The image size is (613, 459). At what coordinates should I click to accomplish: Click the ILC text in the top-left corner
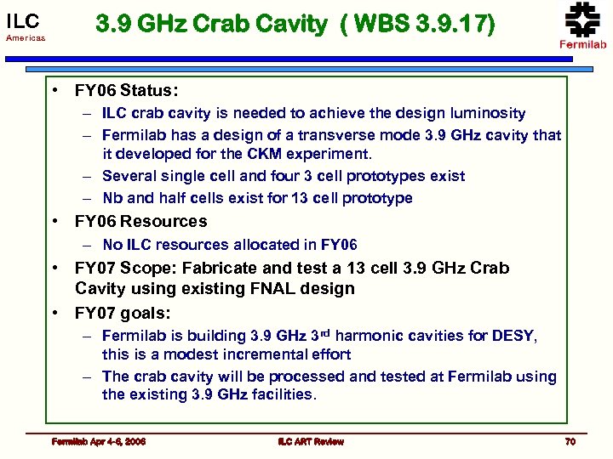click(23, 20)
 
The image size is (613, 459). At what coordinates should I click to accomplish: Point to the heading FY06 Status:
click(126, 90)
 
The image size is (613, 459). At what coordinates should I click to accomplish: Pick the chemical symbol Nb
click(112, 198)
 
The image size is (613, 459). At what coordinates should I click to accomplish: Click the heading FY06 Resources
click(140, 221)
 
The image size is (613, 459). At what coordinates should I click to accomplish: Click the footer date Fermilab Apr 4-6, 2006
click(99, 441)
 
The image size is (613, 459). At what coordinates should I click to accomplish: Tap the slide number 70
click(570, 441)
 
